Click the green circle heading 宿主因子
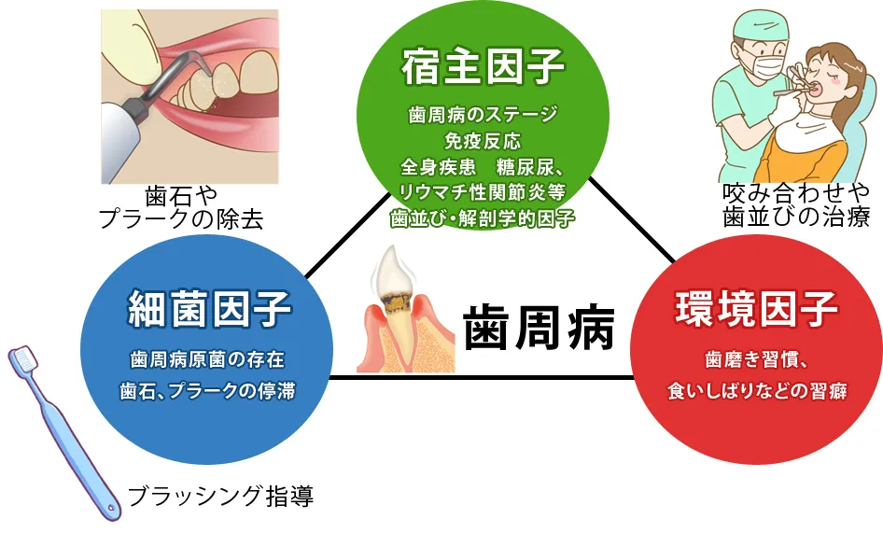pyautogui.click(x=483, y=68)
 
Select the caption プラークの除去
pyautogui.click(x=181, y=219)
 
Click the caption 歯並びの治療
pyautogui.click(x=796, y=217)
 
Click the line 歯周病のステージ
pyautogui.click(x=483, y=117)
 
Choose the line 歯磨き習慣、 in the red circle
pyautogui.click(x=756, y=359)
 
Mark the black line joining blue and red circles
pyautogui.click(x=481, y=378)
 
